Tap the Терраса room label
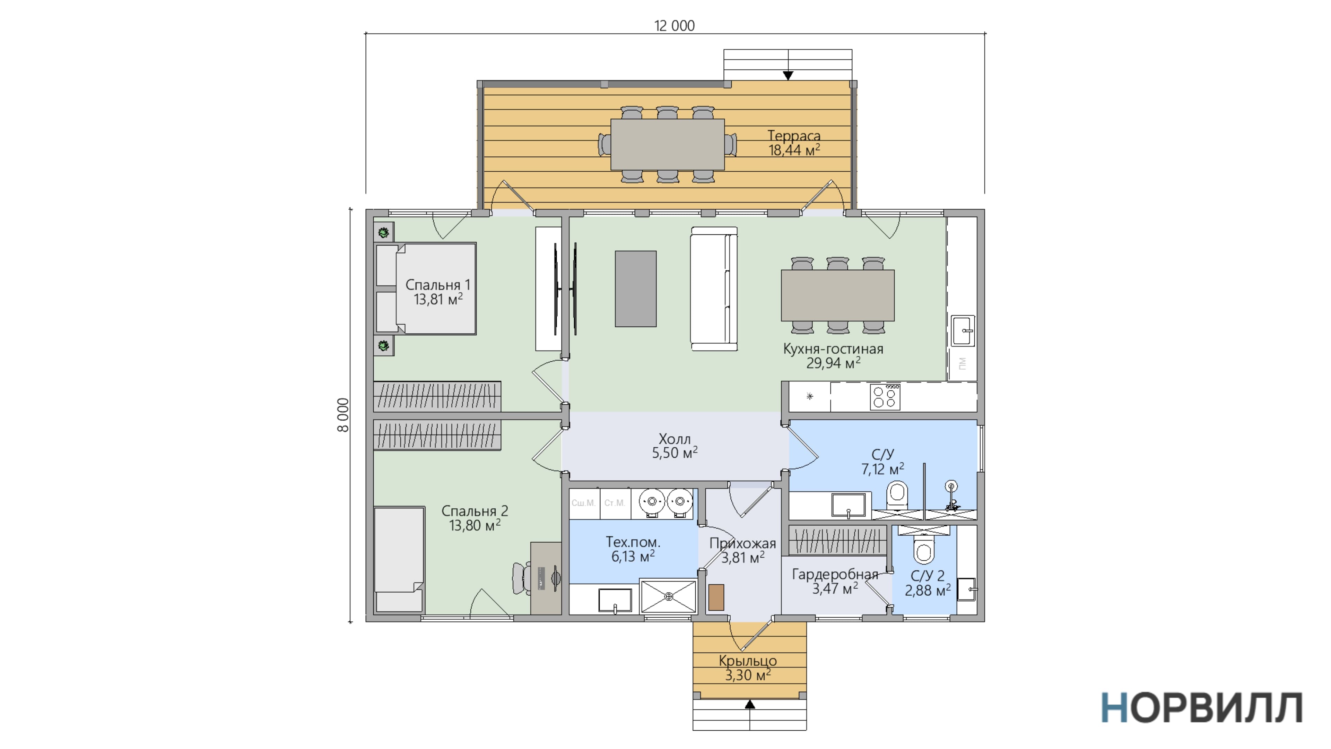pos(794,136)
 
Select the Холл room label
pos(675,439)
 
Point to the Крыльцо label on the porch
pos(748,661)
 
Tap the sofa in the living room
pos(714,289)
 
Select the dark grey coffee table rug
pos(636,289)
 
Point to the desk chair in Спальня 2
pos(521,578)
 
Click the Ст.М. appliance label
pos(615,503)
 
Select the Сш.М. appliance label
pos(583,503)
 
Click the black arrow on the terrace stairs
pos(788,76)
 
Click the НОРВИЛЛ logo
pos(1202,708)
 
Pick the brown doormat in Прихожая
pos(716,597)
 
